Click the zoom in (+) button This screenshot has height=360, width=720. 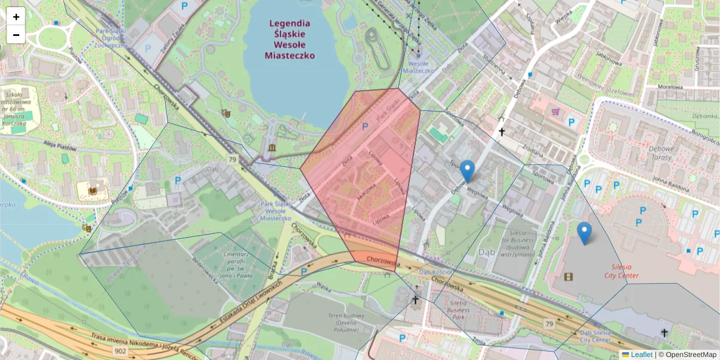(16, 17)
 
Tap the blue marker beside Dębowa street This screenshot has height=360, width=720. (467, 171)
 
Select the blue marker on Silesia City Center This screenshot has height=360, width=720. (584, 233)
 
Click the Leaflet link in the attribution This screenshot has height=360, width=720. (641, 355)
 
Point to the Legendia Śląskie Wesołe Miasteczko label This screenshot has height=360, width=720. (290, 39)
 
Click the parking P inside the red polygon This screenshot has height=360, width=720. (364, 127)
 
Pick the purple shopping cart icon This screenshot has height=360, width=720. (556, 112)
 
